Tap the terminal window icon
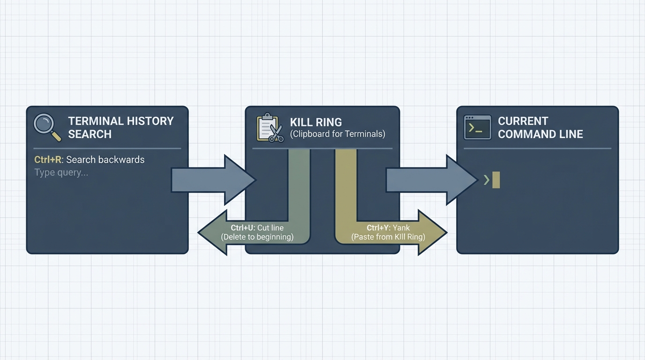click(x=477, y=127)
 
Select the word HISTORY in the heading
click(x=150, y=121)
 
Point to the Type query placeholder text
click(x=61, y=172)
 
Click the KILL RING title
click(x=315, y=122)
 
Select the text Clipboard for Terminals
click(x=337, y=134)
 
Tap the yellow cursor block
click(x=496, y=180)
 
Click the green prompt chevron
click(x=487, y=180)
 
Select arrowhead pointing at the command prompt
click(x=462, y=180)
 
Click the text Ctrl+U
click(x=243, y=228)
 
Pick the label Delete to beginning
click(x=257, y=237)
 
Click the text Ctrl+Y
click(x=379, y=228)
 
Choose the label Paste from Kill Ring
click(x=388, y=237)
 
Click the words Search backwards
click(x=105, y=159)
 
